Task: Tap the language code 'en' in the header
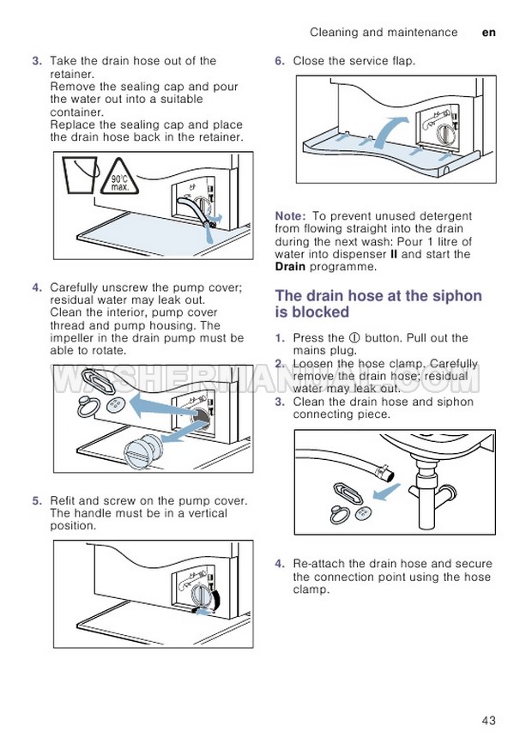pyautogui.click(x=489, y=33)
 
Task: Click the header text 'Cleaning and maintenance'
pyautogui.click(x=384, y=33)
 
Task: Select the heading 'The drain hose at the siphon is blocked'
pyautogui.click(x=378, y=304)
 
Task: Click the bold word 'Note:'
pyautogui.click(x=292, y=216)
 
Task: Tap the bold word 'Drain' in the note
pyautogui.click(x=291, y=267)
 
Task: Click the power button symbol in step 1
pyautogui.click(x=354, y=338)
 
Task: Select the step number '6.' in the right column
pyautogui.click(x=280, y=61)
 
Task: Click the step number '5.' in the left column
pyautogui.click(x=37, y=500)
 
